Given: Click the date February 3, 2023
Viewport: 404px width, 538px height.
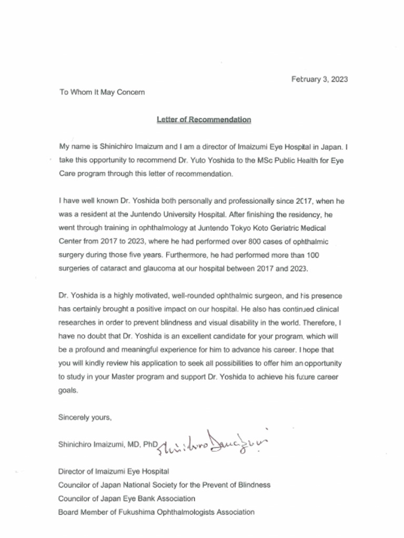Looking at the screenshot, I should point(320,79).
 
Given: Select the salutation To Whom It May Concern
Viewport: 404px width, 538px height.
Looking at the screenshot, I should point(102,92).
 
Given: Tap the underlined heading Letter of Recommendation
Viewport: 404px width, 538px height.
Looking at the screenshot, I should point(204,120).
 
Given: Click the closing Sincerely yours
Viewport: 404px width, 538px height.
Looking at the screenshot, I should point(85,418).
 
